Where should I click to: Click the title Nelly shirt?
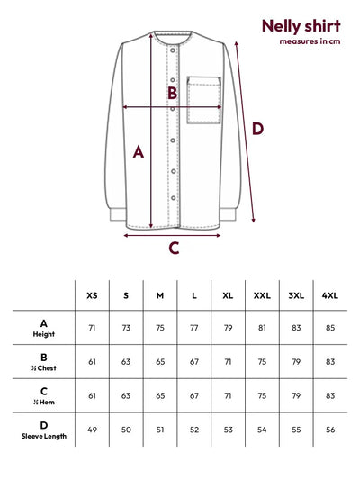[301, 26]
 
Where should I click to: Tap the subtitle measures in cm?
[310, 41]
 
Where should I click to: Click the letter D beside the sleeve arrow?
[257, 129]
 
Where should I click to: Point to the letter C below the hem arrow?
[174, 248]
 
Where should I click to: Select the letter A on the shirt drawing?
[139, 152]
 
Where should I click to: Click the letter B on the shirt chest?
[173, 93]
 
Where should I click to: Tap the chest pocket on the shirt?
[203, 100]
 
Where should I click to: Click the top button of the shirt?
[173, 50]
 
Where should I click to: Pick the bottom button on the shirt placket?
[174, 198]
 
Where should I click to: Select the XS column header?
[92, 295]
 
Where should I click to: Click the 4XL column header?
[330, 295]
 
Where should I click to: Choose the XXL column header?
[262, 295]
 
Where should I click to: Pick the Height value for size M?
[160, 328]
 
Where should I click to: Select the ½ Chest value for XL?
[228, 362]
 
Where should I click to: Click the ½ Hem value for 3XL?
[296, 396]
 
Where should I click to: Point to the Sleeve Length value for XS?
[92, 430]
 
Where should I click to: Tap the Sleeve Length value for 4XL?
[330, 430]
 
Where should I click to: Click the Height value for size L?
[194, 328]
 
